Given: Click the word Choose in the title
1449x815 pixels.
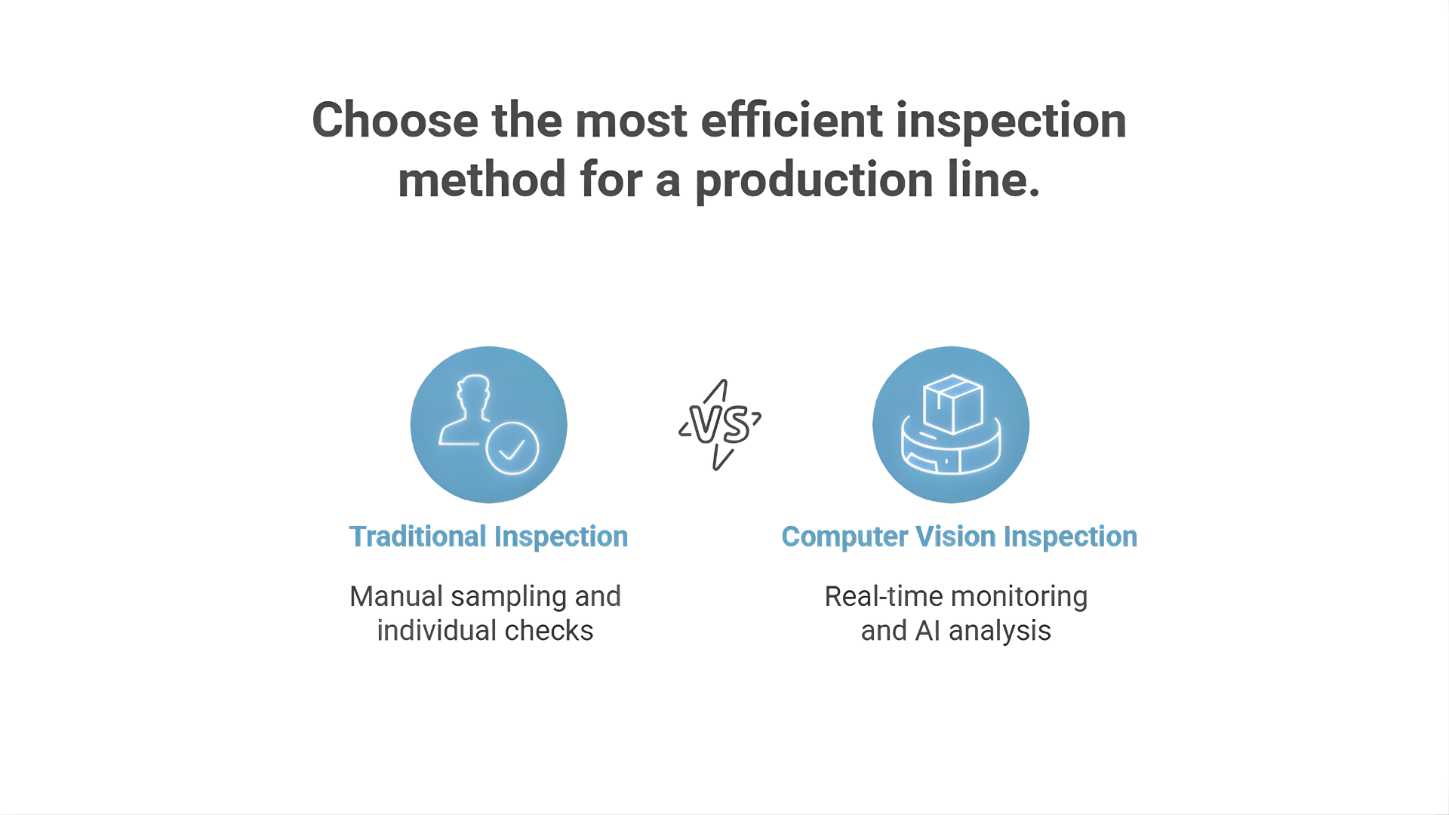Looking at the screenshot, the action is click(x=395, y=120).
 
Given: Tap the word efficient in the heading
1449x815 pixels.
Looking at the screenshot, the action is click(x=792, y=120).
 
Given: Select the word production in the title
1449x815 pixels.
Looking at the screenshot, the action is click(x=814, y=182).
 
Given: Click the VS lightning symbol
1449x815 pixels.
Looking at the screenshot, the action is click(x=720, y=425).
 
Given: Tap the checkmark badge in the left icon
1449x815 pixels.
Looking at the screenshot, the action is click(x=512, y=448).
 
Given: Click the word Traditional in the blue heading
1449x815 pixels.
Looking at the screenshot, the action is click(x=417, y=537).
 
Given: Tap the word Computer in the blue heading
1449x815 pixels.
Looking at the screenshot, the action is click(x=844, y=537).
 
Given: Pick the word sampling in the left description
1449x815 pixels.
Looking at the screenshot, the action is click(x=509, y=598).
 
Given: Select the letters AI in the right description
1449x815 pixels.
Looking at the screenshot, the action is click(x=928, y=631).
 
